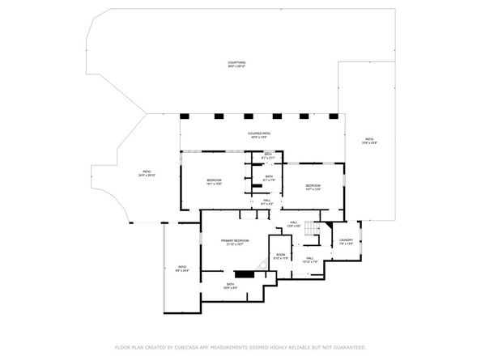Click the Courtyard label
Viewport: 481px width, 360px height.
236,63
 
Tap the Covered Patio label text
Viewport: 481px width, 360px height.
259,134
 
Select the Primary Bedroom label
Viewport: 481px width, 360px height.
234,241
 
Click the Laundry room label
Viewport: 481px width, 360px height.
346,241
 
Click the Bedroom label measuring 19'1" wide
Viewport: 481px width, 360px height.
214,180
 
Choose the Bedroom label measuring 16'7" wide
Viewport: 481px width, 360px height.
313,188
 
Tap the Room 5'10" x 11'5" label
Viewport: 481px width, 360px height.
280,256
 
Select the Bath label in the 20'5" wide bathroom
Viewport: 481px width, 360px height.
231,285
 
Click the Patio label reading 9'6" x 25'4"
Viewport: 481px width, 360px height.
182,269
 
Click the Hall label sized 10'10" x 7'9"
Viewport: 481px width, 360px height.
309,260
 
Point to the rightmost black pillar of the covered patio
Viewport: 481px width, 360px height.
331,116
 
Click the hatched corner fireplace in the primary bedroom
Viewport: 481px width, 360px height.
262,266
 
